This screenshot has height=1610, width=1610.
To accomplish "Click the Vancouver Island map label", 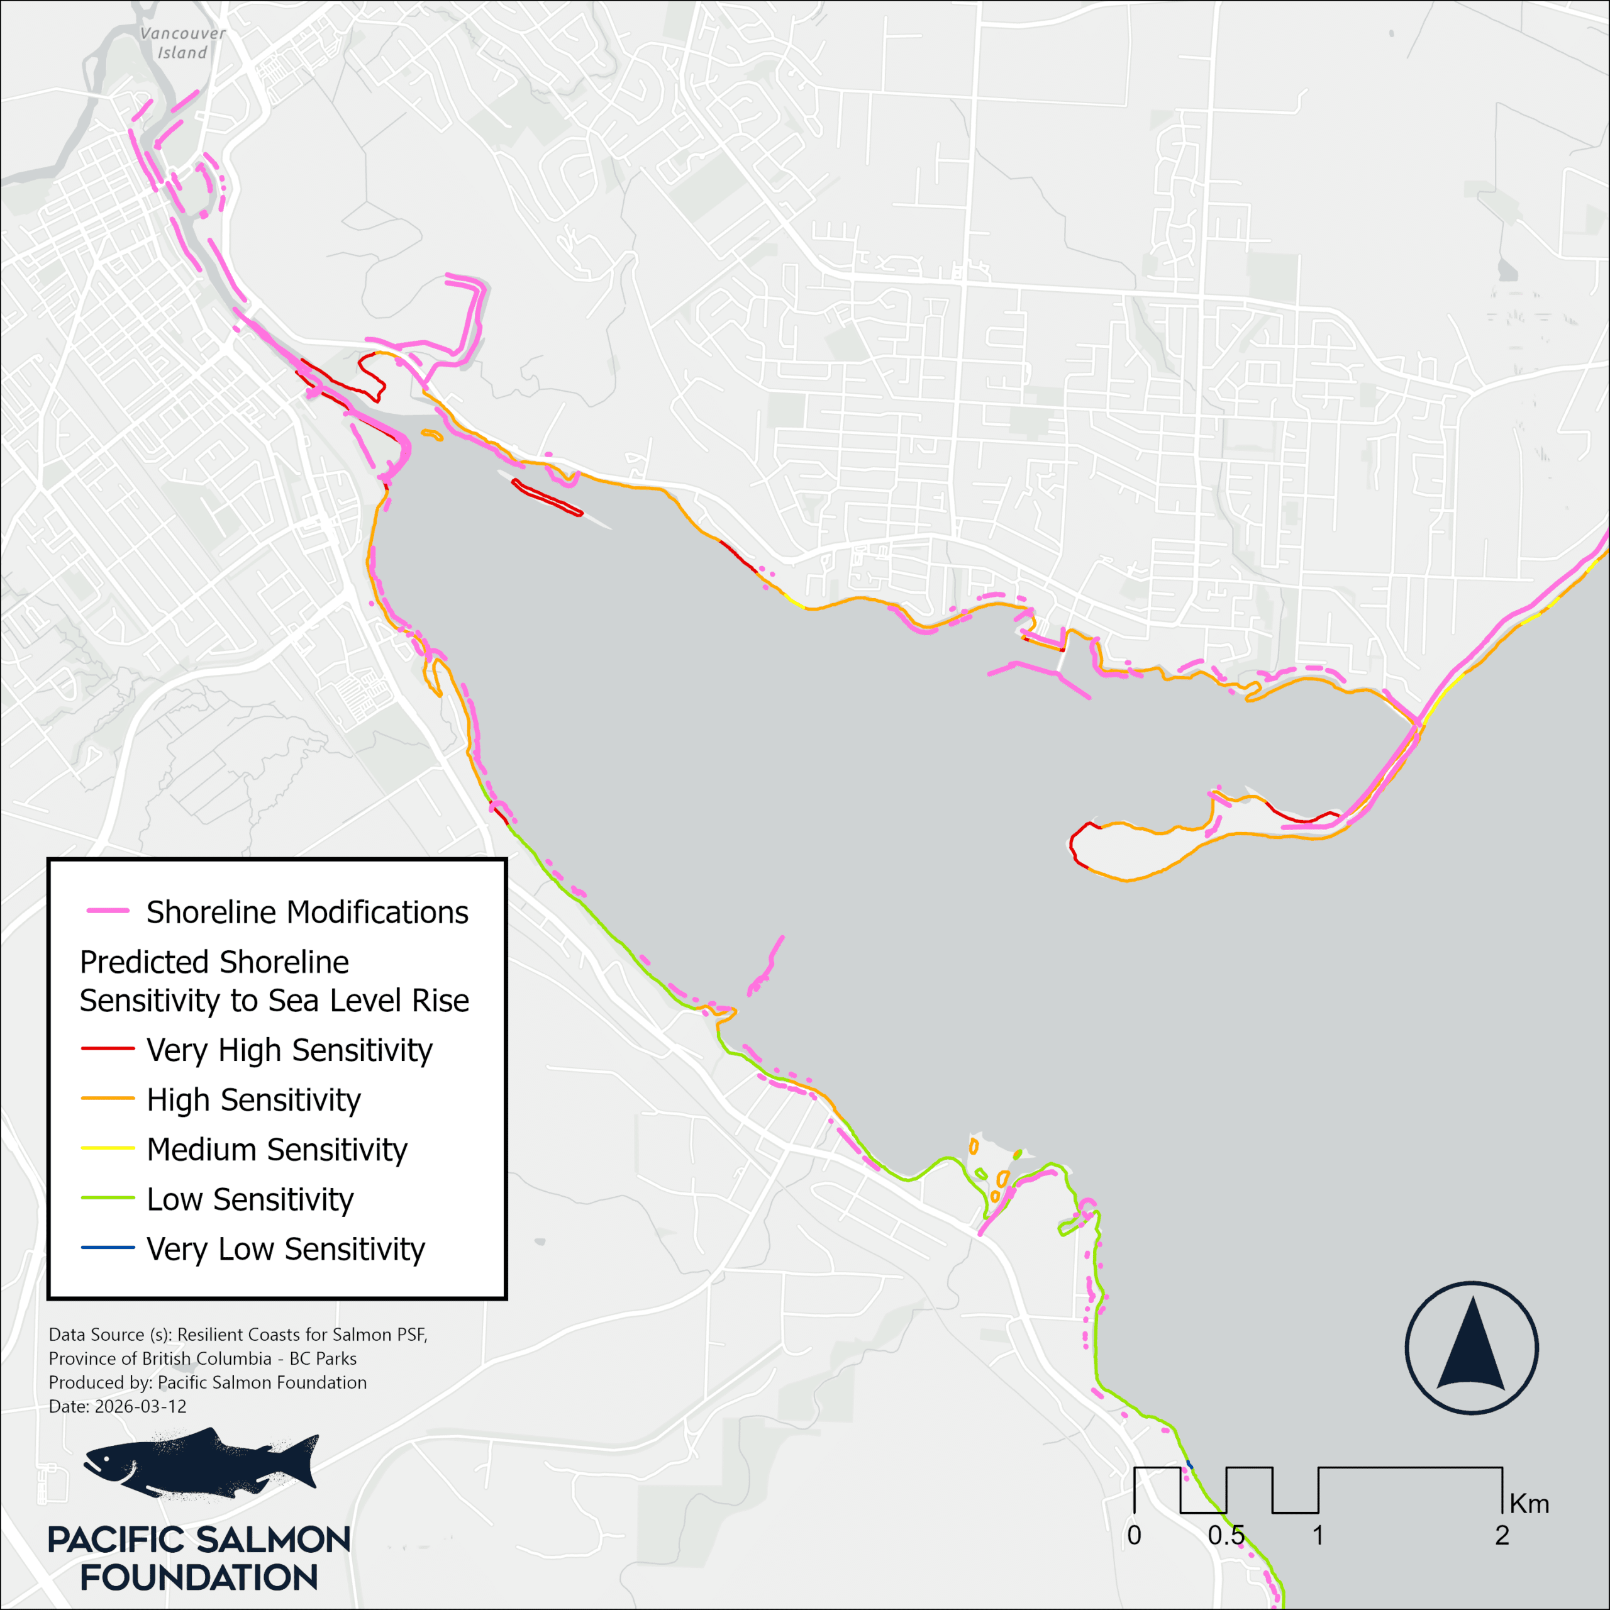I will (182, 43).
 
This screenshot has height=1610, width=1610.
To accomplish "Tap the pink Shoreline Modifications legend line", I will (108, 911).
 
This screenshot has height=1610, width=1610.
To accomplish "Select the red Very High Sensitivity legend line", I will (108, 1048).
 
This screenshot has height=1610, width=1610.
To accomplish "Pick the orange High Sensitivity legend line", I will (108, 1098).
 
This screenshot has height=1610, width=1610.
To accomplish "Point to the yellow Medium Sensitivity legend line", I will (108, 1148).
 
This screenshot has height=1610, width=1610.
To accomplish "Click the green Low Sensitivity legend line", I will (108, 1198).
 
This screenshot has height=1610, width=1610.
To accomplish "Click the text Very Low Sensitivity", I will (285, 1249).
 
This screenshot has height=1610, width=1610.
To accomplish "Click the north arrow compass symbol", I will (1472, 1348).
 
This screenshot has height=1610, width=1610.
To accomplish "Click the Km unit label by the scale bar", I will (1529, 1504).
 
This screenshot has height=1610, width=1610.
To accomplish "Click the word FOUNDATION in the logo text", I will (199, 1577).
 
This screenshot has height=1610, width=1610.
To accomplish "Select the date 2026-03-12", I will (141, 1407).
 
